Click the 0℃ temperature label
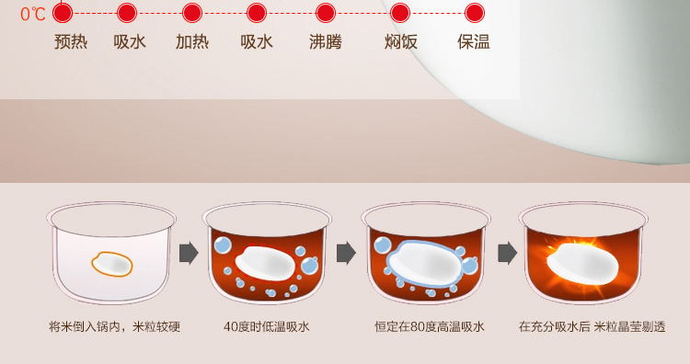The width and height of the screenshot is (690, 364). click(x=33, y=14)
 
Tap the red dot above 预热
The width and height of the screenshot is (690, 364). click(x=63, y=13)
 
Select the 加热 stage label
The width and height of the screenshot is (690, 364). click(x=192, y=41)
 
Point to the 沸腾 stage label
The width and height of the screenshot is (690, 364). click(x=325, y=41)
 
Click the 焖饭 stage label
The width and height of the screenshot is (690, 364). click(x=400, y=41)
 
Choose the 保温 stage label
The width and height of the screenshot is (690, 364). click(x=474, y=41)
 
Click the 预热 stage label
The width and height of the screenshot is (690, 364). click(x=71, y=41)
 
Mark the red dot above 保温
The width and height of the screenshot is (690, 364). click(x=475, y=13)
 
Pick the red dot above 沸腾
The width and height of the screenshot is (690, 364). click(x=326, y=13)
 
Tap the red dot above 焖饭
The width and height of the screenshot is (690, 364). click(x=400, y=13)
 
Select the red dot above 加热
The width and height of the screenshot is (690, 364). click(x=192, y=13)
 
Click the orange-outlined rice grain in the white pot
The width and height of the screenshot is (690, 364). click(x=111, y=264)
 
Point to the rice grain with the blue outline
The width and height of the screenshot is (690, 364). click(x=425, y=264)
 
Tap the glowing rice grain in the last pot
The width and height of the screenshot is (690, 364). click(x=582, y=264)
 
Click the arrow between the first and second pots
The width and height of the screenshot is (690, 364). click(x=189, y=253)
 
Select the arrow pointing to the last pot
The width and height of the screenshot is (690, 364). click(x=507, y=253)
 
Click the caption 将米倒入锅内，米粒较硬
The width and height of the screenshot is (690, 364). click(x=114, y=326)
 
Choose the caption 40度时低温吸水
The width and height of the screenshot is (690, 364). click(x=267, y=326)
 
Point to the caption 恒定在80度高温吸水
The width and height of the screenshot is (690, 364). click(x=430, y=326)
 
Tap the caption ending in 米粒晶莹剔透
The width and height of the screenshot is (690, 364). click(x=592, y=326)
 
